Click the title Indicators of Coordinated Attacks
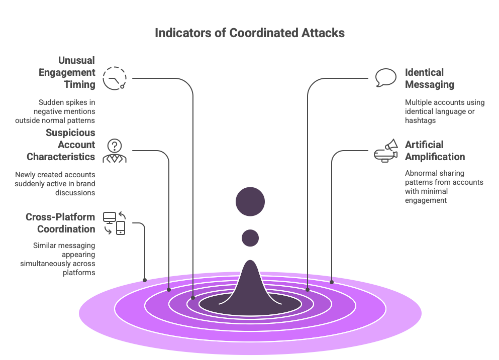[249, 33]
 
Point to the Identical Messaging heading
[429, 78]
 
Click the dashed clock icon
[115, 78]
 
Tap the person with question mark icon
[115, 151]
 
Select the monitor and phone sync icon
[114, 223]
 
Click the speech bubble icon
[385, 78]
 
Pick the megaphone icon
[386, 151]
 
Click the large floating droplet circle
[250, 201]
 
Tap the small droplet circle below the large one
[250, 237]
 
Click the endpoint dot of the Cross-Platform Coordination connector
[145, 280]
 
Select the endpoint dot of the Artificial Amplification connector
[332, 282]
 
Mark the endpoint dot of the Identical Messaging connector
[308, 290]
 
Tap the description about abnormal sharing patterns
[444, 187]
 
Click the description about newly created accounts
[55, 183]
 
